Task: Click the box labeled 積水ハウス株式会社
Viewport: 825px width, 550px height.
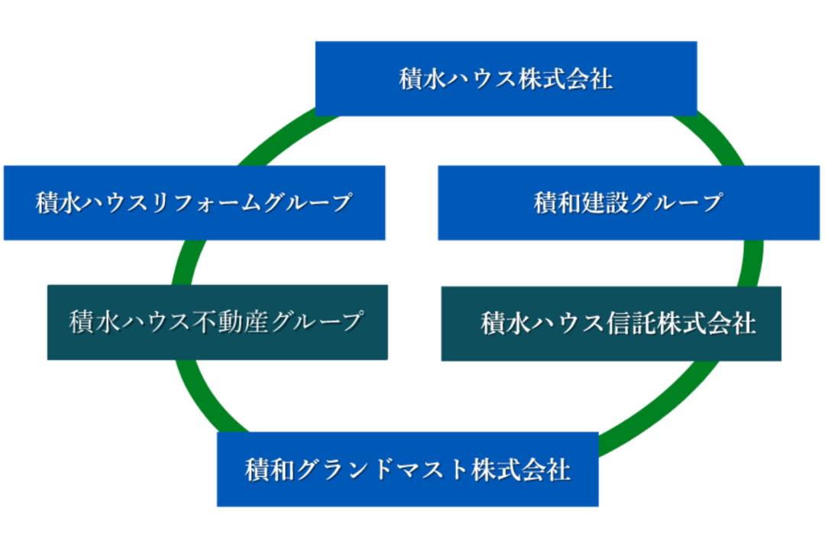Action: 506,79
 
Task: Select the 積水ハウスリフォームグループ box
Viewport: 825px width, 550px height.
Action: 194,202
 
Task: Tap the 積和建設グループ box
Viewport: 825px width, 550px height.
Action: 629,202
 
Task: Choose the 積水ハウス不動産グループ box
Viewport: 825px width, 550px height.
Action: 217,322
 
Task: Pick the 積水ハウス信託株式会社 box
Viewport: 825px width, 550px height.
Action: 611,324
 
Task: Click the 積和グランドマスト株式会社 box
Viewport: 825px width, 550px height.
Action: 408,469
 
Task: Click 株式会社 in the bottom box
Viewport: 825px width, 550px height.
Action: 521,470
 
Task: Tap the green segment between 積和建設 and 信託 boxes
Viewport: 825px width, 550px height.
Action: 752,263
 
